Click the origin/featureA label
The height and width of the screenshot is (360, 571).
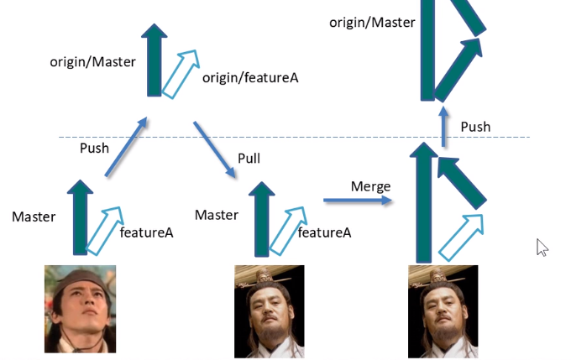[250, 77]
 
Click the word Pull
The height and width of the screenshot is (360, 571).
[249, 159]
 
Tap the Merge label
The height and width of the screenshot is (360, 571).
[370, 187]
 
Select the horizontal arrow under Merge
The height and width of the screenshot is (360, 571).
[357, 200]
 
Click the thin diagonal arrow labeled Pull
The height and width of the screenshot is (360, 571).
[214, 149]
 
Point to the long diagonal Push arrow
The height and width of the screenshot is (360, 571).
[126, 147]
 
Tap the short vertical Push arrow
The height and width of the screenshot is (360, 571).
[443, 127]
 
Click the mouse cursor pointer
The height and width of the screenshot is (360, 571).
[542, 248]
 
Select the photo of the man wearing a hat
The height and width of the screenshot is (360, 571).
[80, 309]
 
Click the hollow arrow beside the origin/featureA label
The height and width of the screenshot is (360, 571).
[181, 74]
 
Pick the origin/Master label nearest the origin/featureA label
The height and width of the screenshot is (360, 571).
[93, 62]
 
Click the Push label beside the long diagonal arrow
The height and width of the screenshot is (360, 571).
[94, 149]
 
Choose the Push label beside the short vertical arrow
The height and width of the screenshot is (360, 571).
[475, 127]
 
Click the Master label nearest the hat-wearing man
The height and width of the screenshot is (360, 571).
[34, 217]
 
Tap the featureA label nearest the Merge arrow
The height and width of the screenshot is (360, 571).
[324, 232]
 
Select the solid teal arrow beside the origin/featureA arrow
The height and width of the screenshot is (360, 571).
[154, 60]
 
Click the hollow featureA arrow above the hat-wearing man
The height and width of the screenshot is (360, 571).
[104, 231]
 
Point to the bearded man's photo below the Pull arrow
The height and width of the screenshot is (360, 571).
[270, 311]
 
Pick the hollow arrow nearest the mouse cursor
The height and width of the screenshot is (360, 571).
[461, 237]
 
